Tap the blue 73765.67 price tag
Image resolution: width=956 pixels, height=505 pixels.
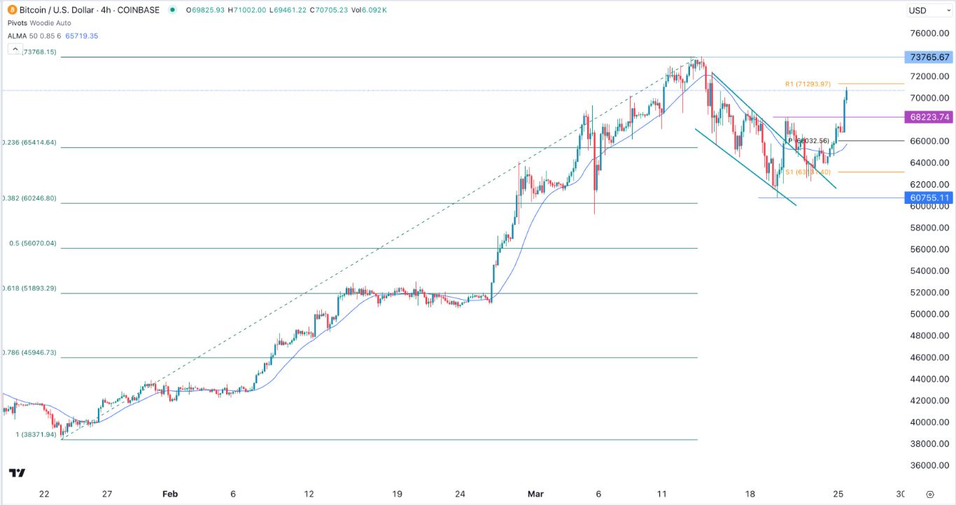[929, 57]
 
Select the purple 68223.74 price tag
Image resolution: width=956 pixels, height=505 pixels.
[929, 117]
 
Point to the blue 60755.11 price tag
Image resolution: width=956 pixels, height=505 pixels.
[929, 198]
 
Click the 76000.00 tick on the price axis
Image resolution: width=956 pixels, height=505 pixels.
[929, 34]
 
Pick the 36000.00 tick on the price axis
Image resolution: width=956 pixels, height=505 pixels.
[929, 465]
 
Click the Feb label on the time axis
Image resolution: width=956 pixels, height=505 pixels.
[170, 493]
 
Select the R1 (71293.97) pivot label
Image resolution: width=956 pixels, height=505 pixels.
[807, 84]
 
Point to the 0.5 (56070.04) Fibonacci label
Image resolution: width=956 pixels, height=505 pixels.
[32, 244]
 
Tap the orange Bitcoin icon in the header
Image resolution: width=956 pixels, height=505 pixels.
[11, 10]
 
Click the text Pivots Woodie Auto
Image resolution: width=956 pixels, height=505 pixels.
[39, 22]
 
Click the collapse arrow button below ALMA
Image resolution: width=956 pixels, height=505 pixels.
[15, 49]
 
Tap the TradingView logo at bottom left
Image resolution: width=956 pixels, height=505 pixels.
[18, 473]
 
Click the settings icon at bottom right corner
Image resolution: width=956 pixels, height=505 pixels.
[930, 493]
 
